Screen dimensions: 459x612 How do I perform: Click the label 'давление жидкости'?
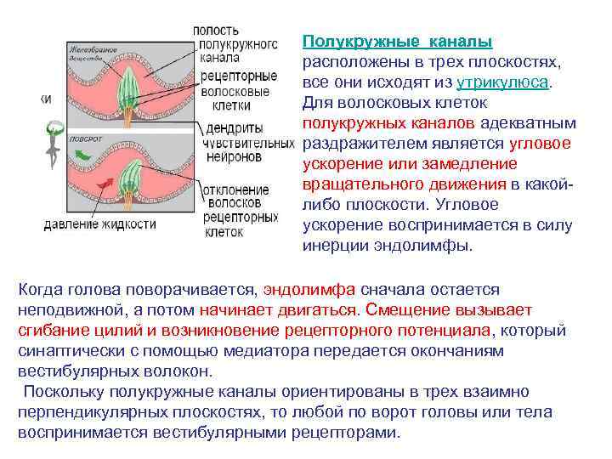point(99,224)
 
